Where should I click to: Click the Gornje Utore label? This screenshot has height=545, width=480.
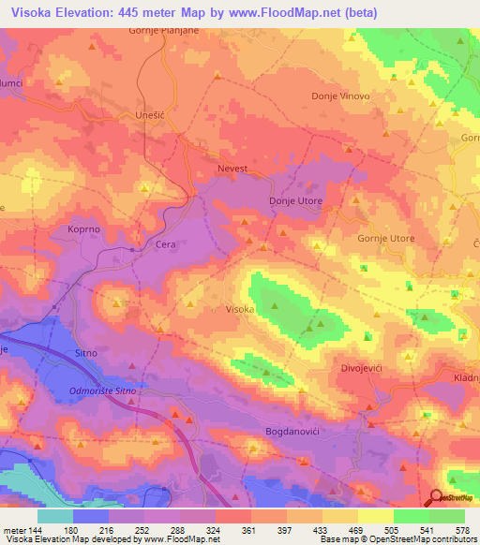click(x=385, y=239)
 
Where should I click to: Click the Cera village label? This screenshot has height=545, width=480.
click(x=165, y=245)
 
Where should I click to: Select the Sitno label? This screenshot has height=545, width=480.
click(x=87, y=353)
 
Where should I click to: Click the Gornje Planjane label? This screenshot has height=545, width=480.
click(x=165, y=31)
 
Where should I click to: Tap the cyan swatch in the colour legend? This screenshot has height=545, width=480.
click(x=54, y=516)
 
